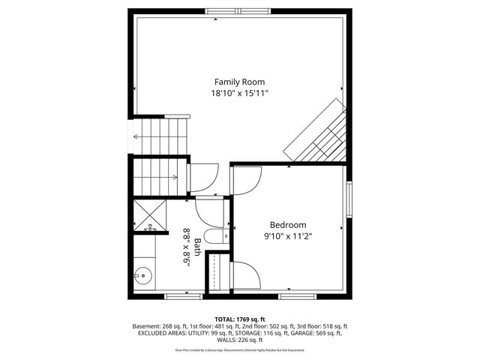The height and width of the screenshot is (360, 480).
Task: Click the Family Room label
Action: [x=239, y=82]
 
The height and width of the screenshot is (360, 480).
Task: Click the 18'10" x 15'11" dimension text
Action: [x=239, y=93]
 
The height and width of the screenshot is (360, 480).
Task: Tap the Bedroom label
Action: [x=288, y=225]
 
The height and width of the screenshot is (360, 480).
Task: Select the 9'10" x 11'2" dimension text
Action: [x=288, y=236]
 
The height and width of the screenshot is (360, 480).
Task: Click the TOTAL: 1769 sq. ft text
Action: [x=239, y=319]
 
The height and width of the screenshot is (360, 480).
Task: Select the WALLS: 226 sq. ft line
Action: [x=239, y=341]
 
